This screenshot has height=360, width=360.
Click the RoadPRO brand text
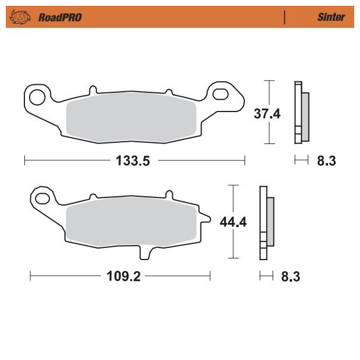tap(60, 17)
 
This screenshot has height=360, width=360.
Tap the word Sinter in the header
tap(331, 17)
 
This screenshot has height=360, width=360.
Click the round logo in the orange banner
tap(20, 17)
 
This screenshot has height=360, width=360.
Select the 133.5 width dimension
tap(133, 160)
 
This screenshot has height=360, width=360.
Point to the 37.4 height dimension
tap(267, 113)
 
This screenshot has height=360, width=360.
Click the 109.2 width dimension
tap(124, 276)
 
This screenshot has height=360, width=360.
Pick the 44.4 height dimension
tap(233, 222)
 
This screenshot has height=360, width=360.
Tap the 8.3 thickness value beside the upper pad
tap(326, 161)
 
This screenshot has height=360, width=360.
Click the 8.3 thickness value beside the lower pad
tap(291, 276)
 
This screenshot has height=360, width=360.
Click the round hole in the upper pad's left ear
tap(37, 98)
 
